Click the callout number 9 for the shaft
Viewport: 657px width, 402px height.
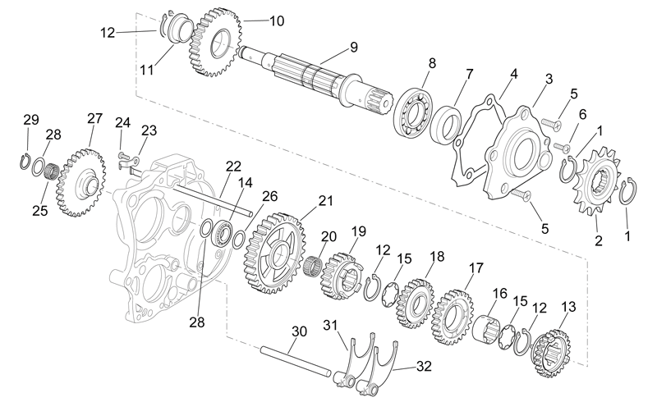pos(354,47)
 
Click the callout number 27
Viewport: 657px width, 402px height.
pos(94,118)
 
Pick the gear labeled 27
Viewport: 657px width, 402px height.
pos(80,183)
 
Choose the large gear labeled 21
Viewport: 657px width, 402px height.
pos(273,253)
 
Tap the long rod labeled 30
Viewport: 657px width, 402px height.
pos(296,360)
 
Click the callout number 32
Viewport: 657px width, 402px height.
pos(424,366)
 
